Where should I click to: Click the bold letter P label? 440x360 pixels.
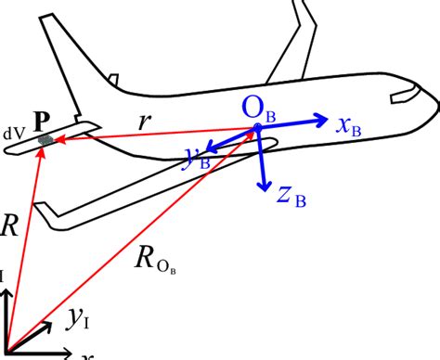(41, 122)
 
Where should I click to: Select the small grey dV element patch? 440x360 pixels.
(45, 139)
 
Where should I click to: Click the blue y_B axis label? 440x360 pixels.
(198, 160)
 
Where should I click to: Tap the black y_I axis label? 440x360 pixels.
(77, 320)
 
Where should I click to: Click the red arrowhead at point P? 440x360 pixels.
(40, 149)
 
